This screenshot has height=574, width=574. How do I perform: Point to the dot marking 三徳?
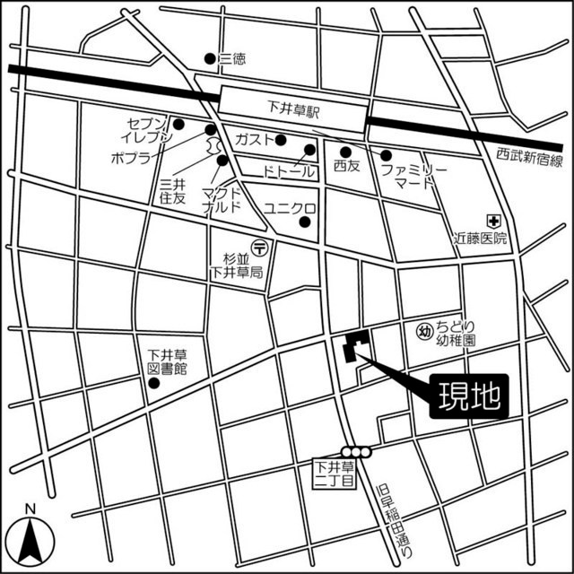210,59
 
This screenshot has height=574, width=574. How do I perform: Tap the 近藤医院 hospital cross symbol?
492,220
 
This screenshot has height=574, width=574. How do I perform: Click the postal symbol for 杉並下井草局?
259,245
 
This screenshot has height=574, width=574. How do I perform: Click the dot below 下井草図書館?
153,384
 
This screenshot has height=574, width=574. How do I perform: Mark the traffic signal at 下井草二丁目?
355,452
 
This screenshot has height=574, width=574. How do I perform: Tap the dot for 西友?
345,152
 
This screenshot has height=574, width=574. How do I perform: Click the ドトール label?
290,170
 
